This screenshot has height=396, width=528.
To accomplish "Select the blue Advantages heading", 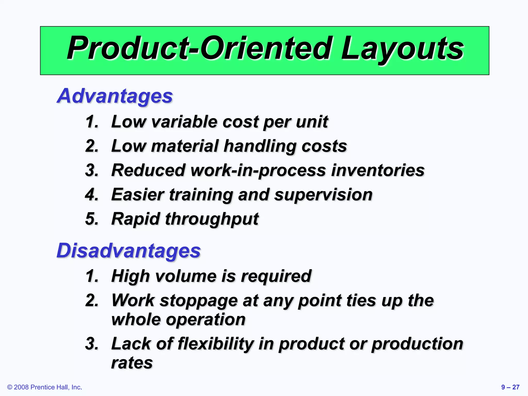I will click(115, 96).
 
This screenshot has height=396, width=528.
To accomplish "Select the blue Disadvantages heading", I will click(128, 251).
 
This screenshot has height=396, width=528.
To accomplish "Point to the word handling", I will click(260, 146).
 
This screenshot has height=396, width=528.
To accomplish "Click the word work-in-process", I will click(258, 171).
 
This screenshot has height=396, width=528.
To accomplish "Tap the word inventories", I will click(378, 170).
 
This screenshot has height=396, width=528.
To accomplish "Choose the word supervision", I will click(323, 195).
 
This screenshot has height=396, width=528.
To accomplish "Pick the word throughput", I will click(212, 219).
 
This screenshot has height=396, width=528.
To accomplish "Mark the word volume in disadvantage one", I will click(186, 276).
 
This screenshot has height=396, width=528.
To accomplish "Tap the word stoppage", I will click(199, 301).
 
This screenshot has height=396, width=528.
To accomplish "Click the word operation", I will click(205, 320).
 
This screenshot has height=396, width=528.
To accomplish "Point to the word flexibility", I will click(216, 344).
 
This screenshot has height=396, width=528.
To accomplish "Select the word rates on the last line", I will click(132, 363).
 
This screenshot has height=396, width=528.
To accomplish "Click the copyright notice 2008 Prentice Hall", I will click(45, 387).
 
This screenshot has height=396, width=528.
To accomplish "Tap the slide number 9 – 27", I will click(510, 387).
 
